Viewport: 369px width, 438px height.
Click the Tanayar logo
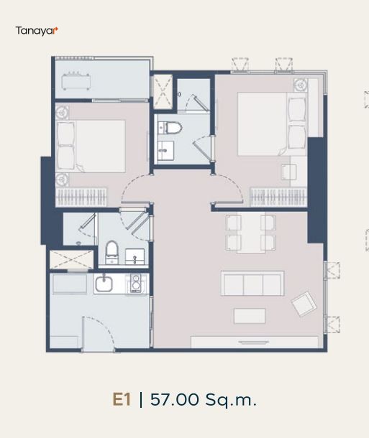point(37,30)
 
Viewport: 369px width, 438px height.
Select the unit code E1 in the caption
point(122,399)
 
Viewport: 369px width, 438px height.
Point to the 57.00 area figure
point(175,399)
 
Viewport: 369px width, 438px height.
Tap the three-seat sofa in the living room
point(252,283)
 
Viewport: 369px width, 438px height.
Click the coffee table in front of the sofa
point(250,316)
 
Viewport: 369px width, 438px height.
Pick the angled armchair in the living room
point(304,304)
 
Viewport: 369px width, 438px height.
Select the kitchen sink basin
point(104,284)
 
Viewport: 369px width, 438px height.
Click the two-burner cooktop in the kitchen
point(136,283)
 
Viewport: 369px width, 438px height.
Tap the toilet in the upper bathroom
point(170,128)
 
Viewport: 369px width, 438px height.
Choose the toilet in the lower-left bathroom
point(112,253)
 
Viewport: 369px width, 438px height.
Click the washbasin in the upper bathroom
point(165,151)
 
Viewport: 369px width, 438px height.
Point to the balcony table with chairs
point(76,81)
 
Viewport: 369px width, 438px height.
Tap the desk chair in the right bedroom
point(288,172)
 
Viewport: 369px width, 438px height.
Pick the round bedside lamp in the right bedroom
point(301,84)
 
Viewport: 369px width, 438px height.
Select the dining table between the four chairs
point(251,233)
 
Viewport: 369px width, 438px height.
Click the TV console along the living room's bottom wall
point(255,343)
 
